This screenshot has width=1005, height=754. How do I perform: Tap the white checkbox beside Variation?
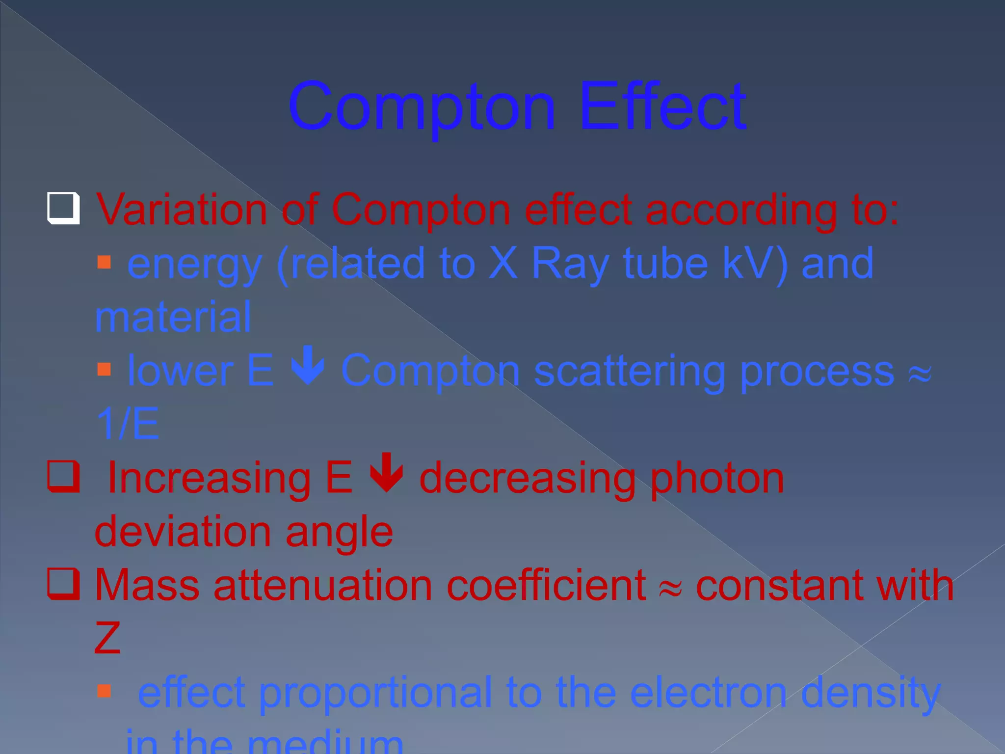click(x=63, y=208)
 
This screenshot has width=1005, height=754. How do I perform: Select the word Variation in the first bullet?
click(x=182, y=210)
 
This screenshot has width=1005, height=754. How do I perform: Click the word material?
click(x=173, y=317)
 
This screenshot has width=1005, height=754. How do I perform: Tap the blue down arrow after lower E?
click(x=308, y=366)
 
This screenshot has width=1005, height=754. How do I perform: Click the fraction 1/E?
click(x=128, y=424)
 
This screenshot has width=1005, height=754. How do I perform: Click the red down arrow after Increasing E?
click(x=387, y=472)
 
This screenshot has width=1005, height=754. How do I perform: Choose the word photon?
click(x=717, y=479)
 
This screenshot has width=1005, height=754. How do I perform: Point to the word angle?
click(x=340, y=533)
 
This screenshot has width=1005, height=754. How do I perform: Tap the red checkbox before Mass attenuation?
click(x=63, y=584)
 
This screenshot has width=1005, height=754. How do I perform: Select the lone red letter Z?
click(x=107, y=638)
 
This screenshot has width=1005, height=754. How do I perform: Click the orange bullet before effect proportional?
click(x=104, y=691)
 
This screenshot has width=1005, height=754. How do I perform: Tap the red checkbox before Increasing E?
click(x=63, y=476)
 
